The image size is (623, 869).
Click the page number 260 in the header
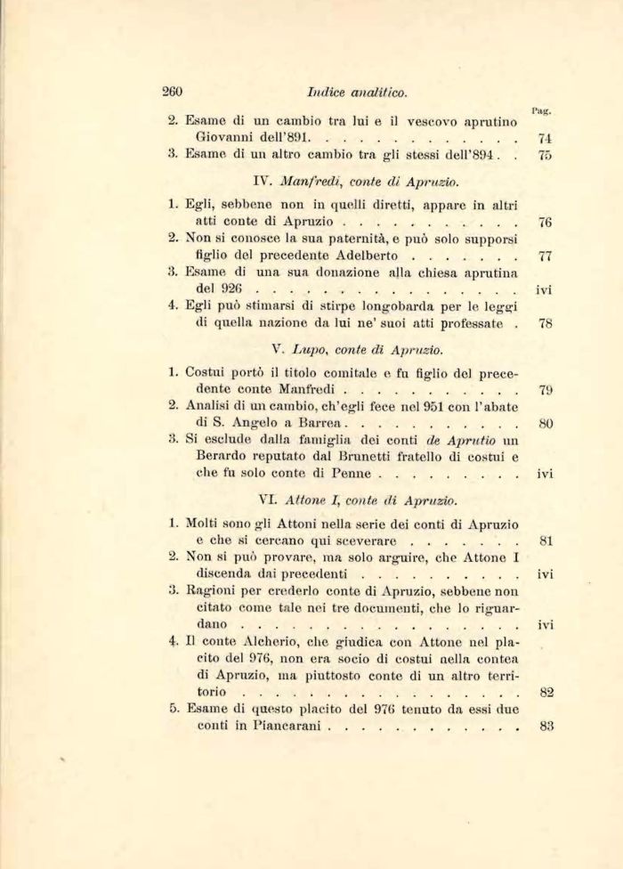tap(173, 90)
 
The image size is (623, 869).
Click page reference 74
tap(546, 139)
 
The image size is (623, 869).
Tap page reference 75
tap(546, 156)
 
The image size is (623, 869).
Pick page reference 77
tap(546, 256)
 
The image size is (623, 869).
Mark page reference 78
tap(546, 323)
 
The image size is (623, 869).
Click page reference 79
tap(546, 389)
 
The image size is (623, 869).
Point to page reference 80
tap(546, 424)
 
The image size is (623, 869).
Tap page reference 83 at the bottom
tap(546, 726)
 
